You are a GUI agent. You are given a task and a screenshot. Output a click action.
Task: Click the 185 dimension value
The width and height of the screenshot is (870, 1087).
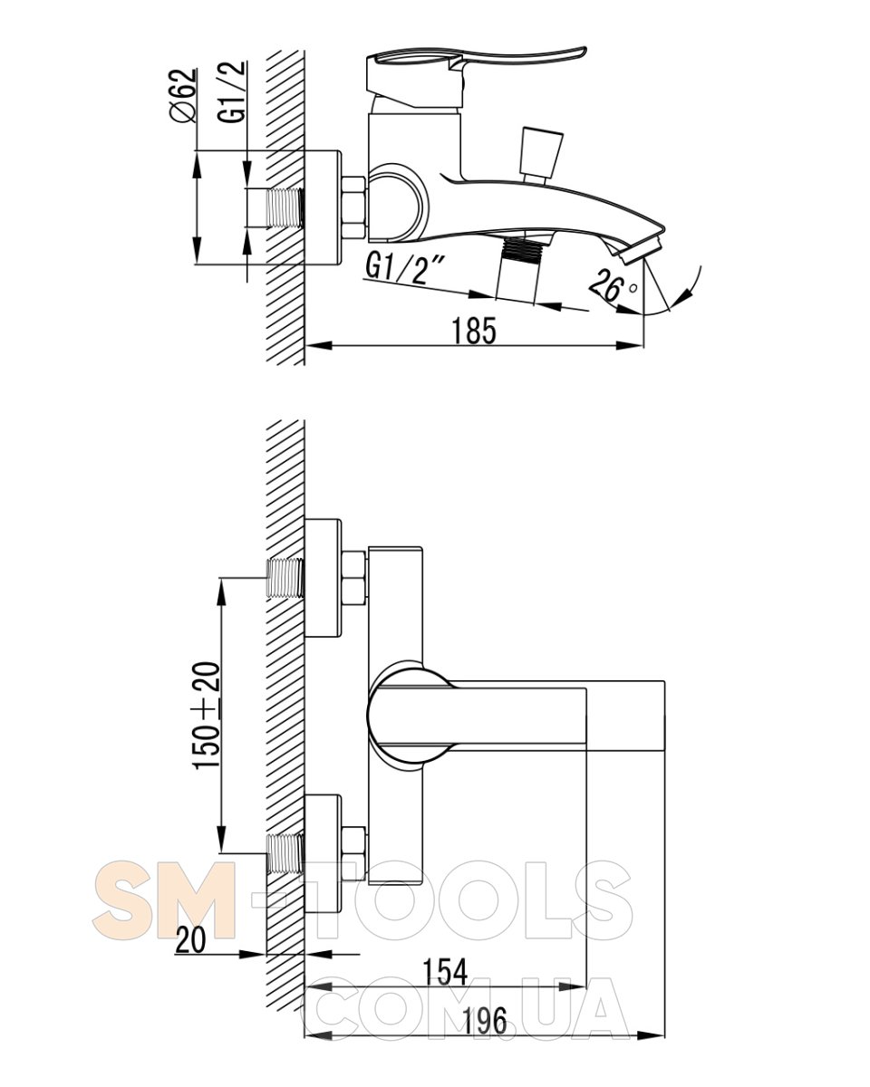click(473, 332)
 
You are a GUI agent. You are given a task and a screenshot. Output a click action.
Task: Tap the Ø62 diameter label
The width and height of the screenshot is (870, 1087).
click(183, 94)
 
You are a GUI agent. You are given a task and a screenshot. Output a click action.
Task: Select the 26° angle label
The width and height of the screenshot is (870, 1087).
click(613, 286)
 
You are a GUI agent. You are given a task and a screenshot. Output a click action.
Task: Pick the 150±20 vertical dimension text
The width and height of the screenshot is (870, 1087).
click(208, 716)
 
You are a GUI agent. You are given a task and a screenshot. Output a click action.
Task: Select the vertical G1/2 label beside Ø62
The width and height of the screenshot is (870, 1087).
click(232, 91)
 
